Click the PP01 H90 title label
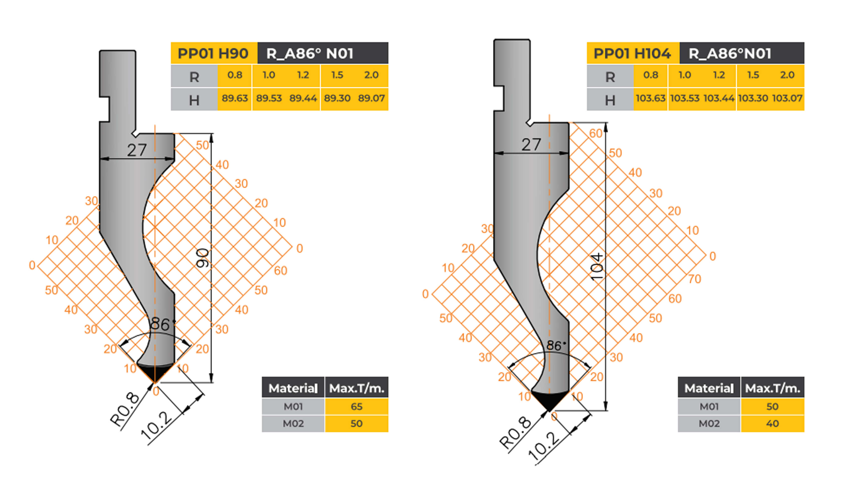click(213, 53)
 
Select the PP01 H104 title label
click(632, 53)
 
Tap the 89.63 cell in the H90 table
click(235, 98)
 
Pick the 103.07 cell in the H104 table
click(787, 98)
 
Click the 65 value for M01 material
click(356, 406)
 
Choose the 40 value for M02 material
click(772, 424)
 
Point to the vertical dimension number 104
click(597, 267)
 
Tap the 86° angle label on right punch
click(554, 345)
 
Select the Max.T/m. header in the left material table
click(356, 388)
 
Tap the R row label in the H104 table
click(610, 77)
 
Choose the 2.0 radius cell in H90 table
click(371, 75)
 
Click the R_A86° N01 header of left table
click(310, 53)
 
